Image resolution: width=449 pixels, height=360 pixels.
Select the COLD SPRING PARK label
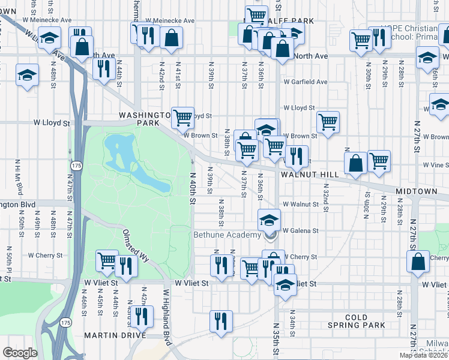(x=364, y=321)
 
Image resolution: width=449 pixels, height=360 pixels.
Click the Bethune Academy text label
(x=226, y=235)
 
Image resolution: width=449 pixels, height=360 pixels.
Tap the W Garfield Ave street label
(x=306, y=82)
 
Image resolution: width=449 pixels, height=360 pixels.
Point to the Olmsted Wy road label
(x=135, y=244)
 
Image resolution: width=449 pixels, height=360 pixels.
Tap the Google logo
(x=20, y=352)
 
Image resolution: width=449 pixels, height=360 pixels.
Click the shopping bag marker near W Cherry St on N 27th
(x=418, y=261)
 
